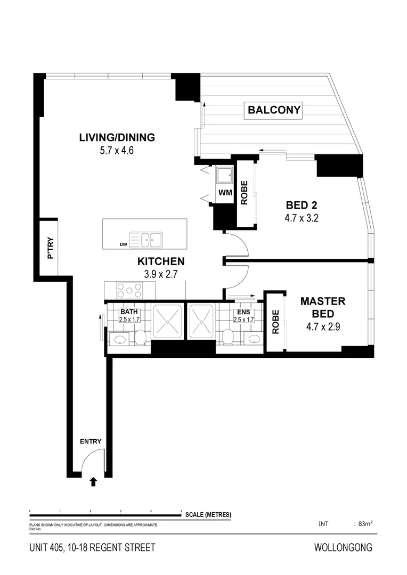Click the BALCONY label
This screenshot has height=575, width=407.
[274, 111]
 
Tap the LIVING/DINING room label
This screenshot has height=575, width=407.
[117, 137]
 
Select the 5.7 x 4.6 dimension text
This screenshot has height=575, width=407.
[116, 150]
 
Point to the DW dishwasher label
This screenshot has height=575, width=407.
[124, 245]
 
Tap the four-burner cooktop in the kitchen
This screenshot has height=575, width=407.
[130, 290]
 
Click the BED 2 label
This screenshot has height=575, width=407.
[302, 205]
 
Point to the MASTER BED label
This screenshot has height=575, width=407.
[323, 307]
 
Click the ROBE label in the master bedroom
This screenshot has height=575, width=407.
[275, 322]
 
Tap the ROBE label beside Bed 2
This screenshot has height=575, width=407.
[245, 193]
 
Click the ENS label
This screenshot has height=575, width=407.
[243, 312]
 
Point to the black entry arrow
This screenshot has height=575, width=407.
[93, 481]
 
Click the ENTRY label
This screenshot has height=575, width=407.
[90, 441]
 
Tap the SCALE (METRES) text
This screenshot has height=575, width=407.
[208, 514]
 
